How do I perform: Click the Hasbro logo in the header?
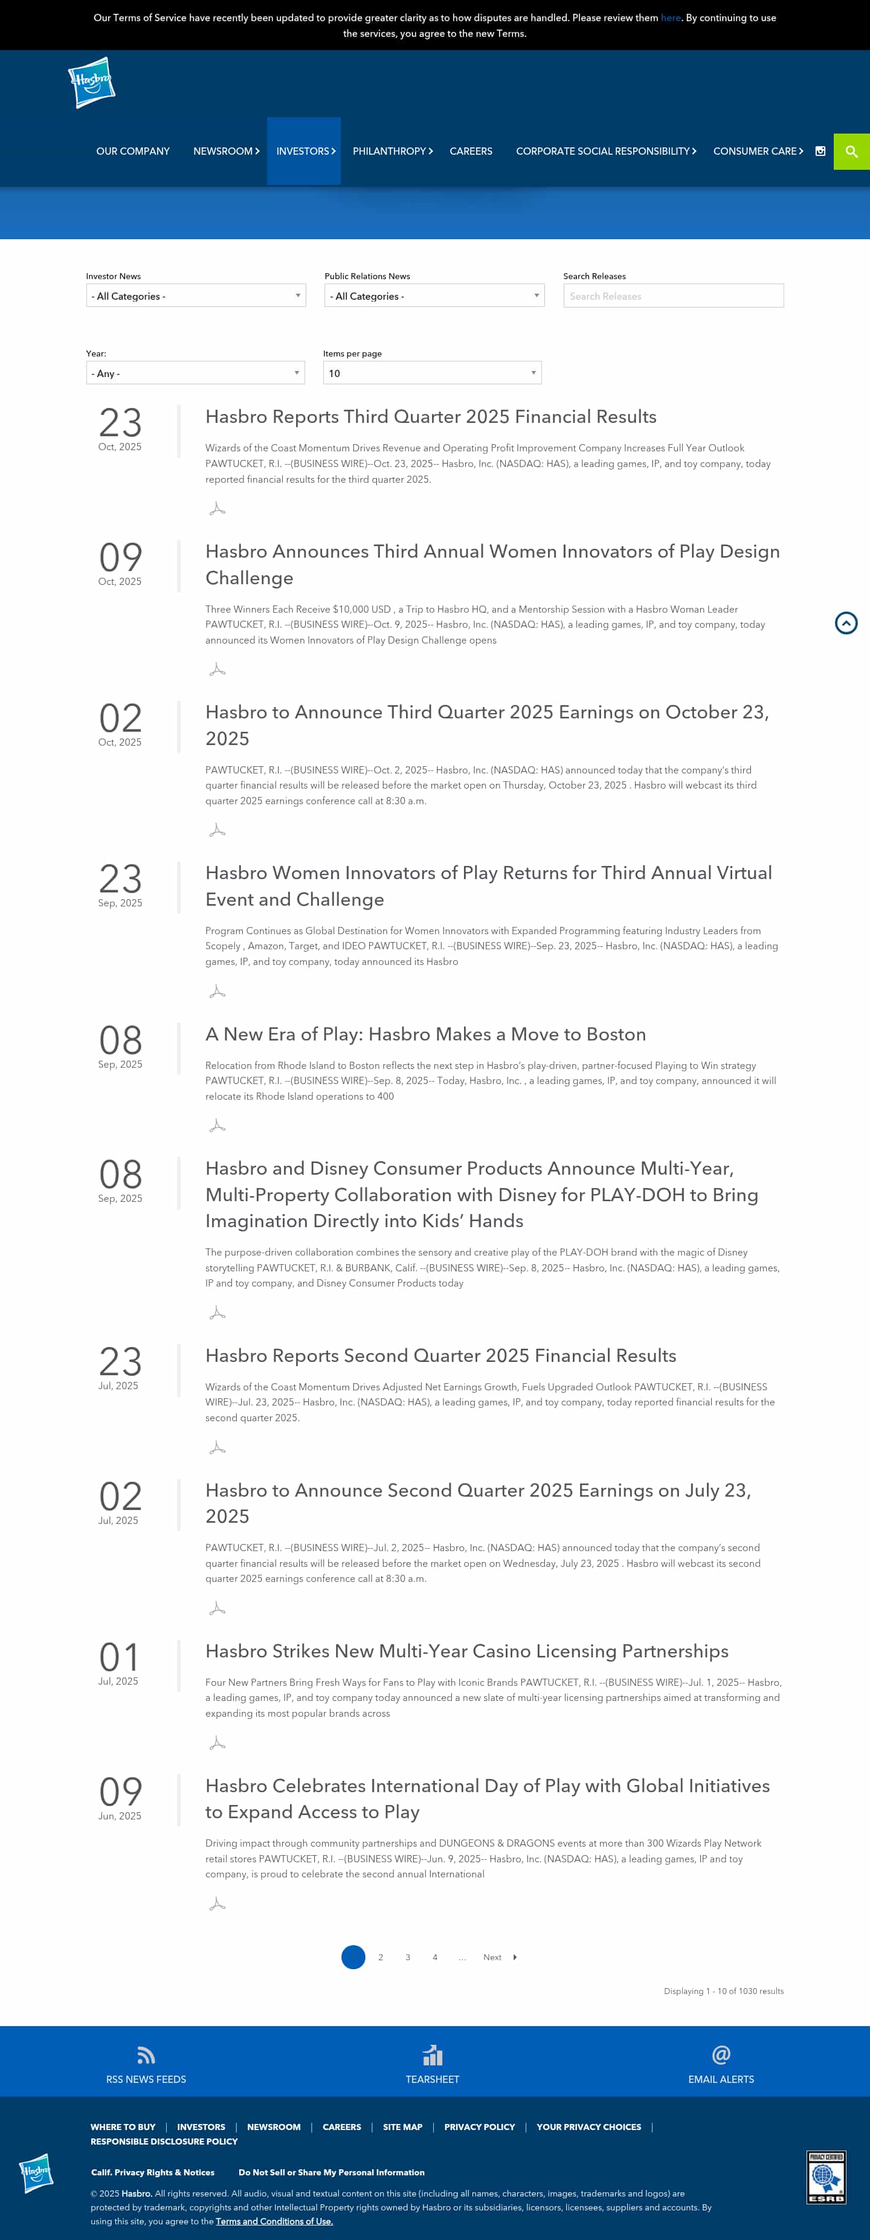click(x=91, y=83)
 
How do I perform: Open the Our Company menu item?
click(x=133, y=151)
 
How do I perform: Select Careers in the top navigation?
click(x=470, y=151)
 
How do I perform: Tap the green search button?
click(x=851, y=151)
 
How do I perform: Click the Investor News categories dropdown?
click(x=196, y=295)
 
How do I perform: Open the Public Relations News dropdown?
click(x=434, y=295)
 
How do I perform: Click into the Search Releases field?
click(x=672, y=295)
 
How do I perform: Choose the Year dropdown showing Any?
click(x=196, y=373)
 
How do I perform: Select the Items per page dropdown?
click(x=432, y=373)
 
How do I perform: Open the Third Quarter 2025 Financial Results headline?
click(x=430, y=416)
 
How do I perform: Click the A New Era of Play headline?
click(x=425, y=1034)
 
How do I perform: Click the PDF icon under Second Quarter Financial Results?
click(x=217, y=1448)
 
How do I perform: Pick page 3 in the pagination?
click(x=408, y=1957)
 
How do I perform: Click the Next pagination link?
click(x=493, y=1957)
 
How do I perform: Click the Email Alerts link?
click(x=721, y=2079)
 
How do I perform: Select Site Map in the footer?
click(x=402, y=2127)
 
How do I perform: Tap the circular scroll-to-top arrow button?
click(x=846, y=622)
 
